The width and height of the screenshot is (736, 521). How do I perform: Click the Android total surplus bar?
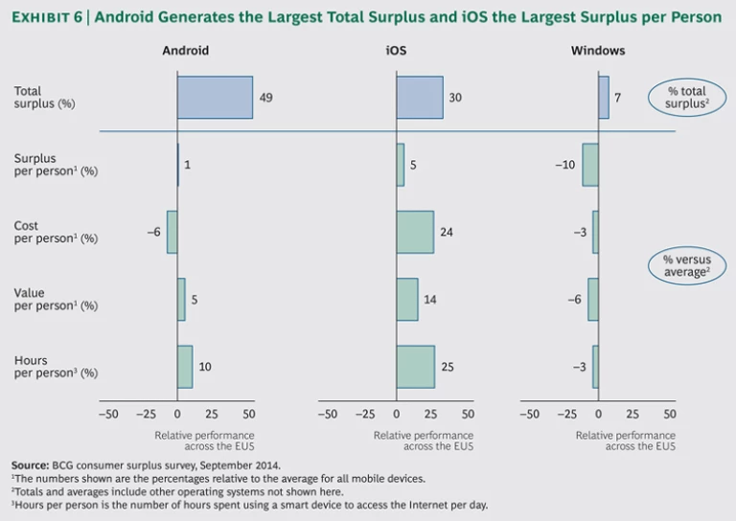215,98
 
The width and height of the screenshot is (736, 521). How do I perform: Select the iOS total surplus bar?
420,98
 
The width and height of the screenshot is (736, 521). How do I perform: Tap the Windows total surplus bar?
603,98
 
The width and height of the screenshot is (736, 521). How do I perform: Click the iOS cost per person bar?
415,232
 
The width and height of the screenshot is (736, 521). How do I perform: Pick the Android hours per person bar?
185,367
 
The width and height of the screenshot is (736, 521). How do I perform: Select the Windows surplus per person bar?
590,165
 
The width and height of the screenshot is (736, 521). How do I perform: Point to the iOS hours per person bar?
415,367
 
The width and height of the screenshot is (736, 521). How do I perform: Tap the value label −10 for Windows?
564,165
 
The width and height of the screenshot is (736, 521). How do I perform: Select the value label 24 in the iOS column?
446,232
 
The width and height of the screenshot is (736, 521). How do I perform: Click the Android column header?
185,50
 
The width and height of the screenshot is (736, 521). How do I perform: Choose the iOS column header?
396,50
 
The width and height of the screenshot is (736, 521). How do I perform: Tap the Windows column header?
605,50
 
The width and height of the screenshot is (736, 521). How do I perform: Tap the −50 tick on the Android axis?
108,415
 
